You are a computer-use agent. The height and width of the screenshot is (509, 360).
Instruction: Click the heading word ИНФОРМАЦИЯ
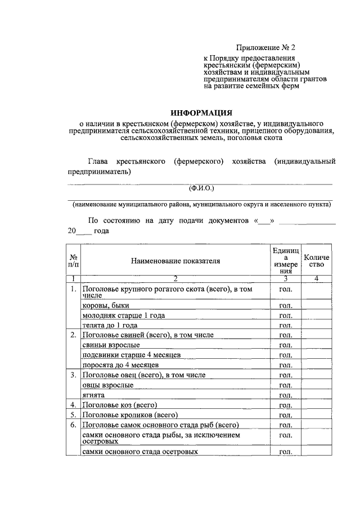coord(201,113)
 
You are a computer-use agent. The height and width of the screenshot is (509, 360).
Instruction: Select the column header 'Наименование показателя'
coord(175,261)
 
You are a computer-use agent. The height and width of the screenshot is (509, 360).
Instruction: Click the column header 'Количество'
coord(317,261)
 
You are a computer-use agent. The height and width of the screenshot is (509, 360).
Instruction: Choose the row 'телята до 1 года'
coord(109,325)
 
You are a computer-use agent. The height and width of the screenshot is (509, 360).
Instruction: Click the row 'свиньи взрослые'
coord(111,345)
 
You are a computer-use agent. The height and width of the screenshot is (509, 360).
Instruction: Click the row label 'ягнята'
coord(93,395)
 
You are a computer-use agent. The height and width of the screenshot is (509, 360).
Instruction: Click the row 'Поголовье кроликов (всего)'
coord(126,415)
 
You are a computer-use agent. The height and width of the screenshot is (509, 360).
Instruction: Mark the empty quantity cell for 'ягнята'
coord(317,395)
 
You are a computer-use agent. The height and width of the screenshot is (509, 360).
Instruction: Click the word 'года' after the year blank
coord(102,231)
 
